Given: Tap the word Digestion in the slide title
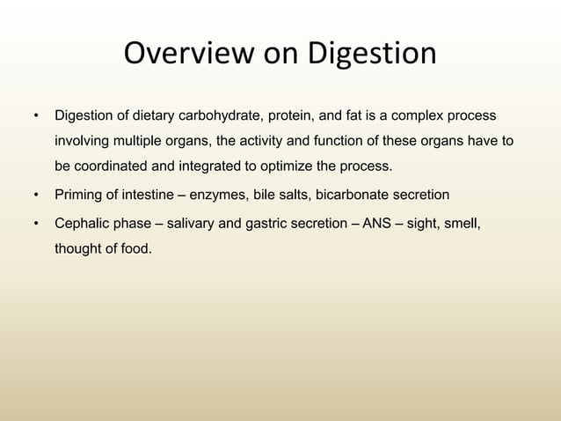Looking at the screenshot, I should tap(371, 55).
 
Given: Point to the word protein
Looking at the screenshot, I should tap(294, 116).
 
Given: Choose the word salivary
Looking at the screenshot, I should tap(187, 224).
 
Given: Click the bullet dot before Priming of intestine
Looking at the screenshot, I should tap(36, 195).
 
